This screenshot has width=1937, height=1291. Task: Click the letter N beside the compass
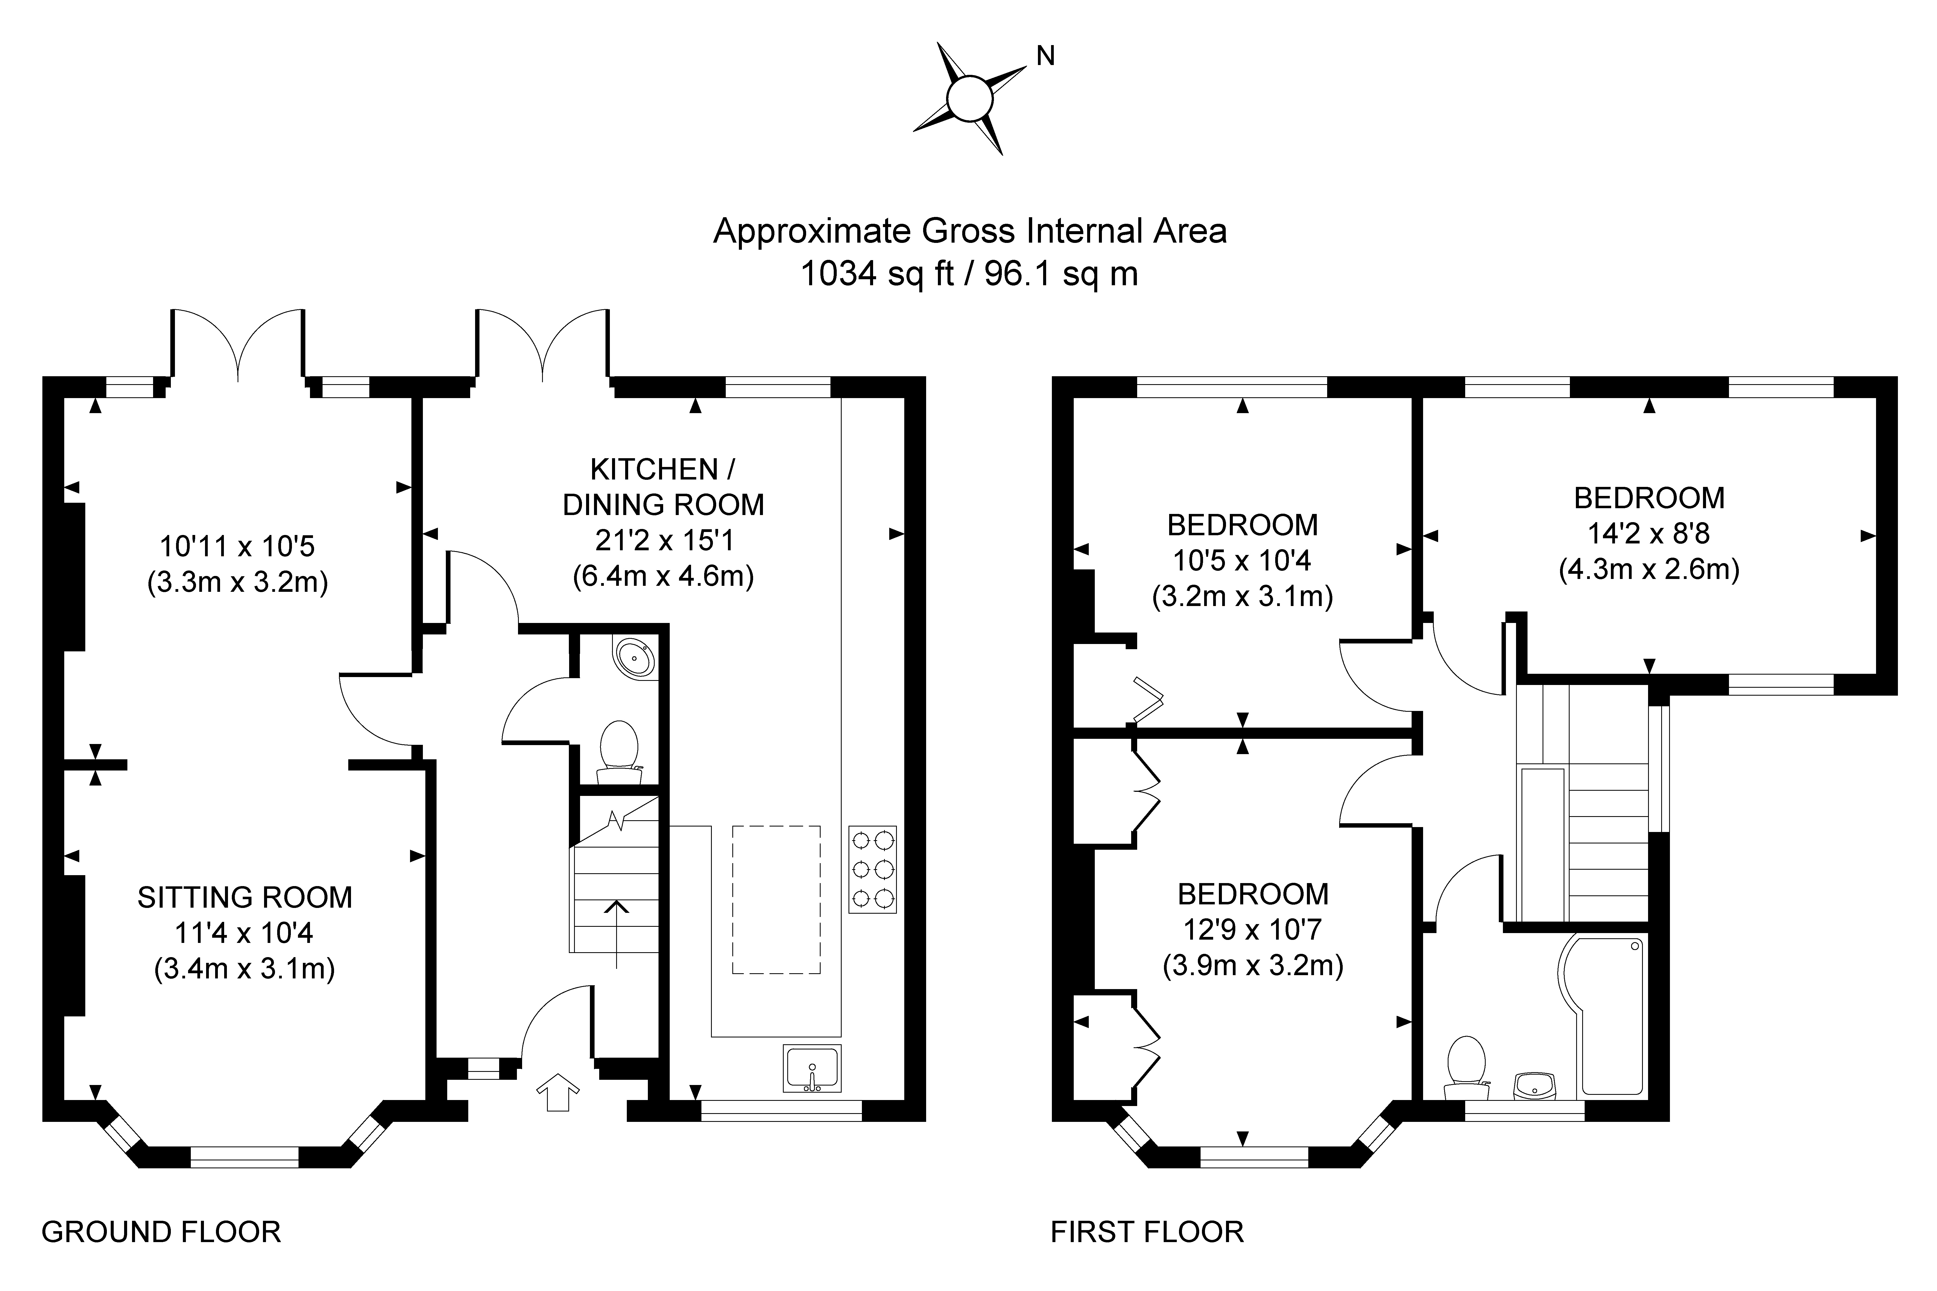(1045, 56)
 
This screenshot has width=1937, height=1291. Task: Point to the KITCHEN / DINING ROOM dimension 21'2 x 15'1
(664, 540)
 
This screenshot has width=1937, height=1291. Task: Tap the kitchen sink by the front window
(813, 1068)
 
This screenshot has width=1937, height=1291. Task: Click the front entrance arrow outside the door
(558, 1092)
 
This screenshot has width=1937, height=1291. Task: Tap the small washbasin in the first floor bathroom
(1534, 1085)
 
